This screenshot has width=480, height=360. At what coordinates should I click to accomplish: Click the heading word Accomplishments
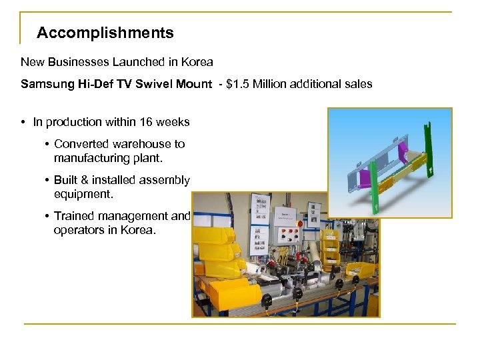click(x=105, y=33)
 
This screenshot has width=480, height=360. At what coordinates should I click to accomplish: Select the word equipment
click(x=83, y=195)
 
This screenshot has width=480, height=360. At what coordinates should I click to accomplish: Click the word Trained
click(x=75, y=216)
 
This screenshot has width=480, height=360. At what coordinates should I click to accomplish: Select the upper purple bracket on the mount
click(x=403, y=147)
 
